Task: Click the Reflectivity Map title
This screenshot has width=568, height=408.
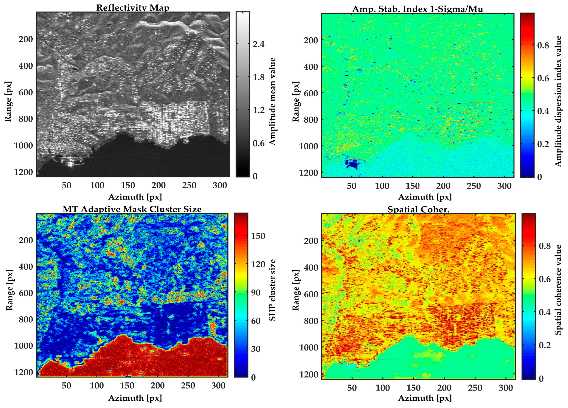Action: point(132,8)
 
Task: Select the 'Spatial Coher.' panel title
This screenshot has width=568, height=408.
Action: point(418,209)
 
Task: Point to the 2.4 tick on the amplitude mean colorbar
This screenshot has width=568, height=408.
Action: point(259,44)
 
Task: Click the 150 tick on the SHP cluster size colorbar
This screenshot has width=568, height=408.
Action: point(258,236)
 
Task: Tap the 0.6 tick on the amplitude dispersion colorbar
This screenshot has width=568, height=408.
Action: point(543,78)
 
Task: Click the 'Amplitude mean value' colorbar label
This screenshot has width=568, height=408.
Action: point(272,101)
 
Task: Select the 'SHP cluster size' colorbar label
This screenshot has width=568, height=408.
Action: point(272,290)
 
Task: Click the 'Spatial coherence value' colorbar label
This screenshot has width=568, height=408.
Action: point(558,290)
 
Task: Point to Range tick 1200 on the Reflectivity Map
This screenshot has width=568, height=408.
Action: point(23,172)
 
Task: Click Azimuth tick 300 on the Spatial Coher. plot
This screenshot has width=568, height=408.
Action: point(505,388)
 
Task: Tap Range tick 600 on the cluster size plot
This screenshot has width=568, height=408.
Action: point(26,293)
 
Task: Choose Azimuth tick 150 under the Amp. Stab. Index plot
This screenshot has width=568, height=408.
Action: point(412,186)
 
